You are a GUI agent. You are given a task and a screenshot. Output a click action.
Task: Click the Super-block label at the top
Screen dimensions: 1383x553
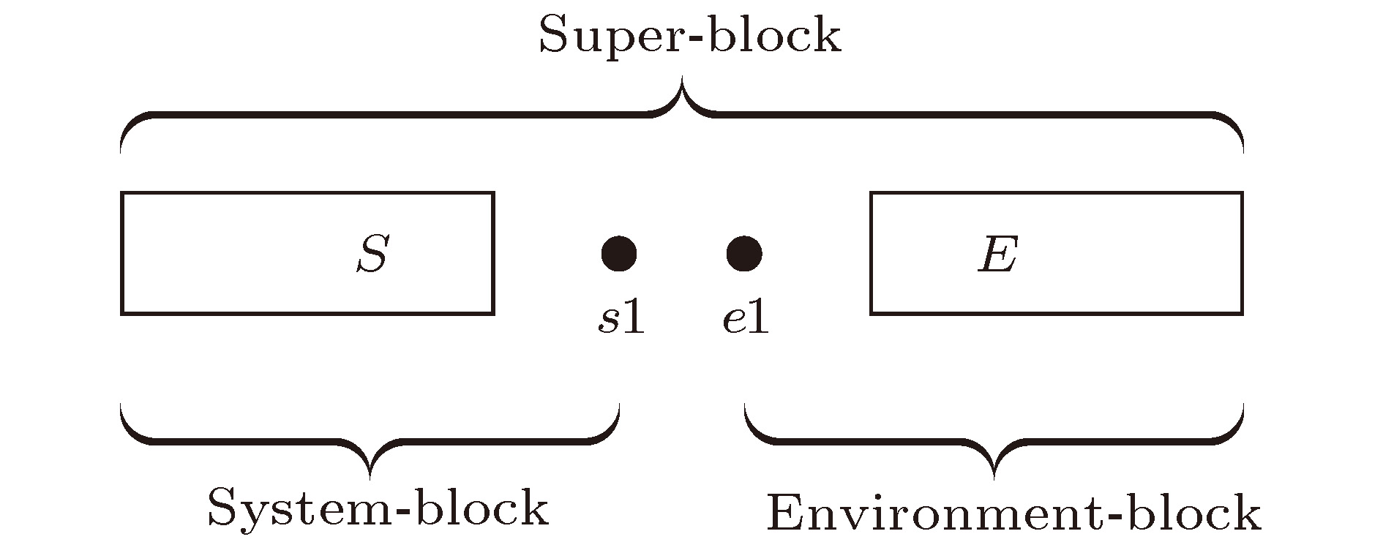[x=690, y=35]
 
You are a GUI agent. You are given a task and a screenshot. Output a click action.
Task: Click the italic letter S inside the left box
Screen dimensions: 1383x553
[x=372, y=254]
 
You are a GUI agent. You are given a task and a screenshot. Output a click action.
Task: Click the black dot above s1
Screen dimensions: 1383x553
[x=619, y=254]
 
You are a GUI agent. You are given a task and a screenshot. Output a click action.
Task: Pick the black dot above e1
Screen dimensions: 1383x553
[x=744, y=254]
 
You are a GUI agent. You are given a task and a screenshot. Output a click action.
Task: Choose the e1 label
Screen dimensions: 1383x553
[x=746, y=319]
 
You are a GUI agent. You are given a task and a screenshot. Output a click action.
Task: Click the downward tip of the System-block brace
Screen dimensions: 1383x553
[x=370, y=478]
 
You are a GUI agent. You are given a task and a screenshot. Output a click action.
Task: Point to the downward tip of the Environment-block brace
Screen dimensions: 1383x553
[x=994, y=478]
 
